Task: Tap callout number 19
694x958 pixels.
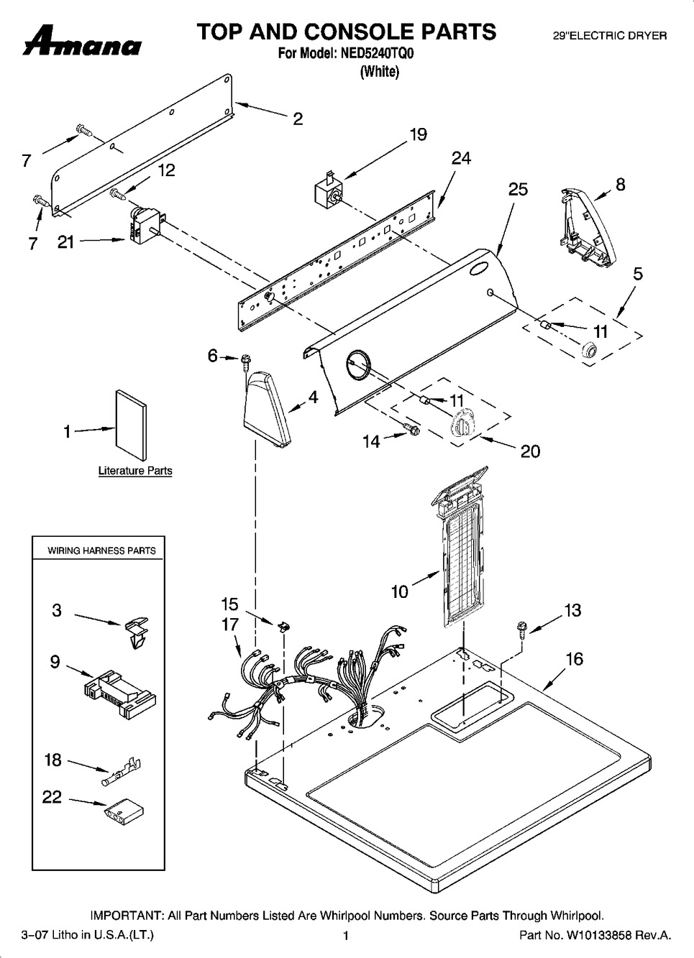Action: click(418, 134)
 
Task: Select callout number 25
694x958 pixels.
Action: click(518, 189)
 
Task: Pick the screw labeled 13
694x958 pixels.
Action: click(520, 629)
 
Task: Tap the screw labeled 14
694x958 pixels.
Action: click(412, 429)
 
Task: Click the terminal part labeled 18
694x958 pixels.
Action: click(122, 772)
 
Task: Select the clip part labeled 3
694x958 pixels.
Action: click(136, 631)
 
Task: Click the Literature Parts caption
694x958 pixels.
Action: click(135, 471)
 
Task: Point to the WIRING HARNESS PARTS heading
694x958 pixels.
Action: click(101, 551)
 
